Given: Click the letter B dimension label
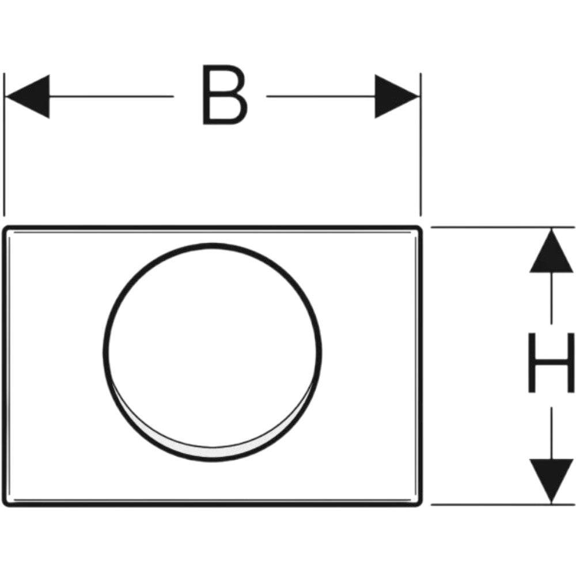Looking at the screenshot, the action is (x=225, y=95).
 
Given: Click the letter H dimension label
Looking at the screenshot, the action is (x=551, y=362).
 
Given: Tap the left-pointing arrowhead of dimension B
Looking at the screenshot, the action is (x=27, y=97).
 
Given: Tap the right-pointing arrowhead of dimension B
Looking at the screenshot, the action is (x=397, y=97).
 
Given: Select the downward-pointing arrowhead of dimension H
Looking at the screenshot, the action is (x=551, y=481).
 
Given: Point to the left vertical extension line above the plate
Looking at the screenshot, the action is (x=4, y=145).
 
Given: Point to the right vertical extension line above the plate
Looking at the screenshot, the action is (x=420, y=145).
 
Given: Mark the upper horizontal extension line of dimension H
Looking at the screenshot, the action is (x=503, y=228).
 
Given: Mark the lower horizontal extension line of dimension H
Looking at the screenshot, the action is (x=503, y=505).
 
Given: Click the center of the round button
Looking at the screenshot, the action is (x=212, y=352).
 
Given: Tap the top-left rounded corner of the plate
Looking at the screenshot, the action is (x=5, y=229).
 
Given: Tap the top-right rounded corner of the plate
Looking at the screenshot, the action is (x=419, y=229).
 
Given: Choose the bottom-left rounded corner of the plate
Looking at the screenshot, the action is (x=6, y=503).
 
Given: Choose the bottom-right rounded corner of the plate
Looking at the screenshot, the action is (x=419, y=504).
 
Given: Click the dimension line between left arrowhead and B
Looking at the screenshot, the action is (x=111, y=97).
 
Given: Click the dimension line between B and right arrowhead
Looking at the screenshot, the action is (x=321, y=97).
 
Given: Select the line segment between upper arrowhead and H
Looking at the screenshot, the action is (x=551, y=298).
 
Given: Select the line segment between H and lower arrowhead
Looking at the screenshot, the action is (x=551, y=433).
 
